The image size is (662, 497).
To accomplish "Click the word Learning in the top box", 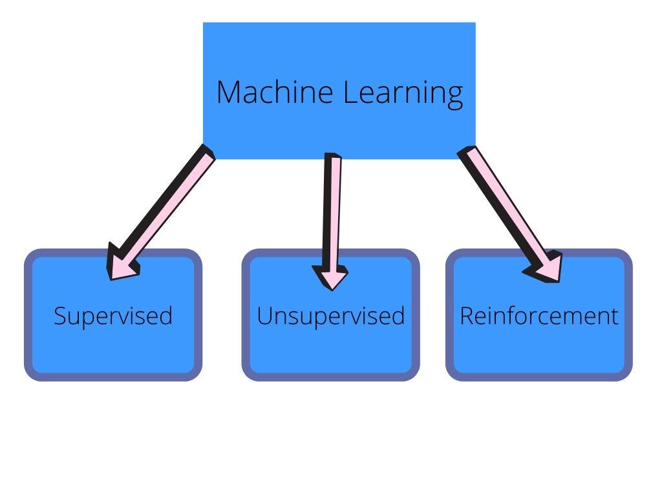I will click(403, 93).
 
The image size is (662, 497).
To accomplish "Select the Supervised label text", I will click(113, 316).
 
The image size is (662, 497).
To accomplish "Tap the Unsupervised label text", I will click(330, 316).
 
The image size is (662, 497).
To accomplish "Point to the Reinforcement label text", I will click(539, 316).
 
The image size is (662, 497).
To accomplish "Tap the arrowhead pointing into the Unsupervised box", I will click(332, 277).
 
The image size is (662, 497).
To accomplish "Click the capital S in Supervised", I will click(60, 316).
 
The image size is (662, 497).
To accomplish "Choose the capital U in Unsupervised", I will click(264, 316).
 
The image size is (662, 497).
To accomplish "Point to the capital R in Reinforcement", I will click(466, 316).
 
